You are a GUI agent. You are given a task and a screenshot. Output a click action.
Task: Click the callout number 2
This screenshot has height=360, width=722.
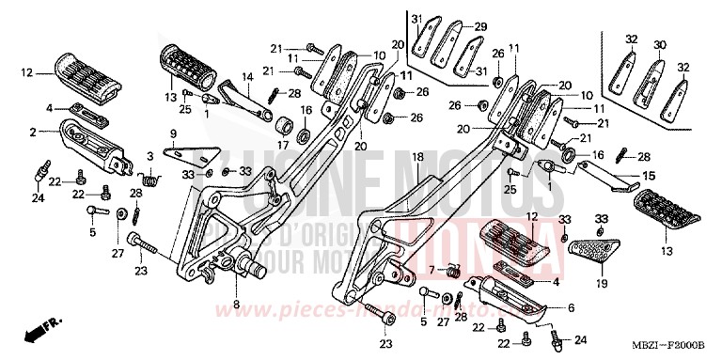pyautogui.click(x=33, y=133)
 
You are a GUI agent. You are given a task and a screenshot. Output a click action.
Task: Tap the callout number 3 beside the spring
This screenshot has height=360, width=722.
pyautogui.click(x=149, y=155)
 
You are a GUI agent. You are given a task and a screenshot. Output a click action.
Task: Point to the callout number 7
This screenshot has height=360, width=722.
pyautogui.click(x=433, y=270)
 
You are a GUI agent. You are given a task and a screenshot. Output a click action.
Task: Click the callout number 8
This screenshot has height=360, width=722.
pyautogui.click(x=235, y=304)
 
